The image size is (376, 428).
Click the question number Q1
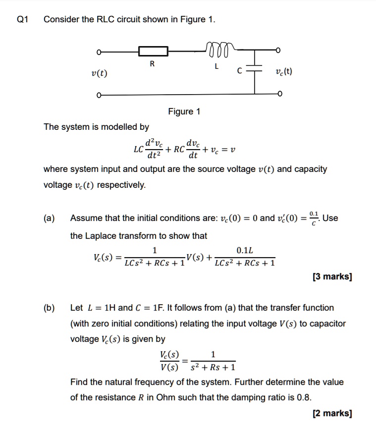click(23, 20)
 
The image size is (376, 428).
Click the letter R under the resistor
click(152, 64)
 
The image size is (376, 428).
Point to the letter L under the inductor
click(216, 66)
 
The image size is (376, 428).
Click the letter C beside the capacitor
click(240, 71)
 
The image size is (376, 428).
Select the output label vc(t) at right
click(283, 71)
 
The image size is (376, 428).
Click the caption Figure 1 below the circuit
click(184, 111)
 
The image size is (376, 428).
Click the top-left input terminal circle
click(99, 51)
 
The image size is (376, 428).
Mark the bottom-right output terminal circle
click(280, 94)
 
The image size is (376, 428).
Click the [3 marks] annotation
click(332, 277)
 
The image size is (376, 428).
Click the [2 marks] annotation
click(332, 413)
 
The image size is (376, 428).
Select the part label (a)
click(49, 218)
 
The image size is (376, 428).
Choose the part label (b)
click(49, 308)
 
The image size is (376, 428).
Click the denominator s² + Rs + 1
click(213, 368)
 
